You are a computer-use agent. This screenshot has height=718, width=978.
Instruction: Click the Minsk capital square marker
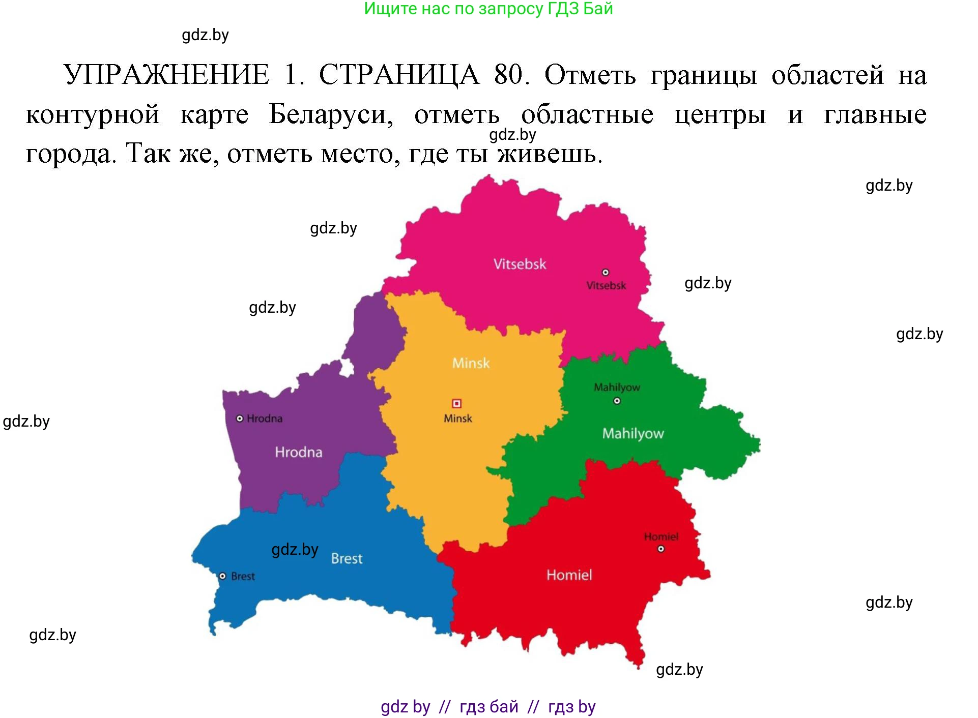[456, 403]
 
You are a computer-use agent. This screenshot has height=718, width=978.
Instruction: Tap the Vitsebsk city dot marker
[605, 272]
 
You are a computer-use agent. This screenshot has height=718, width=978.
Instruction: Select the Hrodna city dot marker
[240, 418]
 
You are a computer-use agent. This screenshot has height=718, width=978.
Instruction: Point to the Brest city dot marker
[222, 576]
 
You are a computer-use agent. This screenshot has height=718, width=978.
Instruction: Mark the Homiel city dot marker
[660, 549]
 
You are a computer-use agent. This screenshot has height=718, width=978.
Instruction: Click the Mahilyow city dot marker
[617, 401]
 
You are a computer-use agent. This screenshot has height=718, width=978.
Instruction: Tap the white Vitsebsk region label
[520, 264]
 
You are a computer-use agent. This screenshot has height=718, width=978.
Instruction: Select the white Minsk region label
[471, 363]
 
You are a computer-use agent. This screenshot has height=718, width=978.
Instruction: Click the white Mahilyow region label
[632, 433]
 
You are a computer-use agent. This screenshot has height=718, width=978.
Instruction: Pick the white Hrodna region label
[298, 452]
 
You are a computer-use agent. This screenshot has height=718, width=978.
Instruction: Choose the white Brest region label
[347, 558]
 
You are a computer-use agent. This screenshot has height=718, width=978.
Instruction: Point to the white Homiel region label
[569, 575]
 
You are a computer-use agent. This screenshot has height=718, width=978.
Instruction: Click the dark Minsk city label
[457, 418]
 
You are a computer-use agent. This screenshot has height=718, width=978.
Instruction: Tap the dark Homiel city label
[660, 536]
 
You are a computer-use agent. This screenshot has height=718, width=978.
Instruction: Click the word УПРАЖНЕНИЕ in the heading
[166, 75]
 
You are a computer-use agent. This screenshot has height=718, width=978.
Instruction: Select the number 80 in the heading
[508, 75]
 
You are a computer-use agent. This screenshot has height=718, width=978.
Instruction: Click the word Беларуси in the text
[331, 114]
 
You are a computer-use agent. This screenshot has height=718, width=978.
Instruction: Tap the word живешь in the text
[549, 154]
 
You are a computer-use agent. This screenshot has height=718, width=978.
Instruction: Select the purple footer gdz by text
[406, 706]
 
